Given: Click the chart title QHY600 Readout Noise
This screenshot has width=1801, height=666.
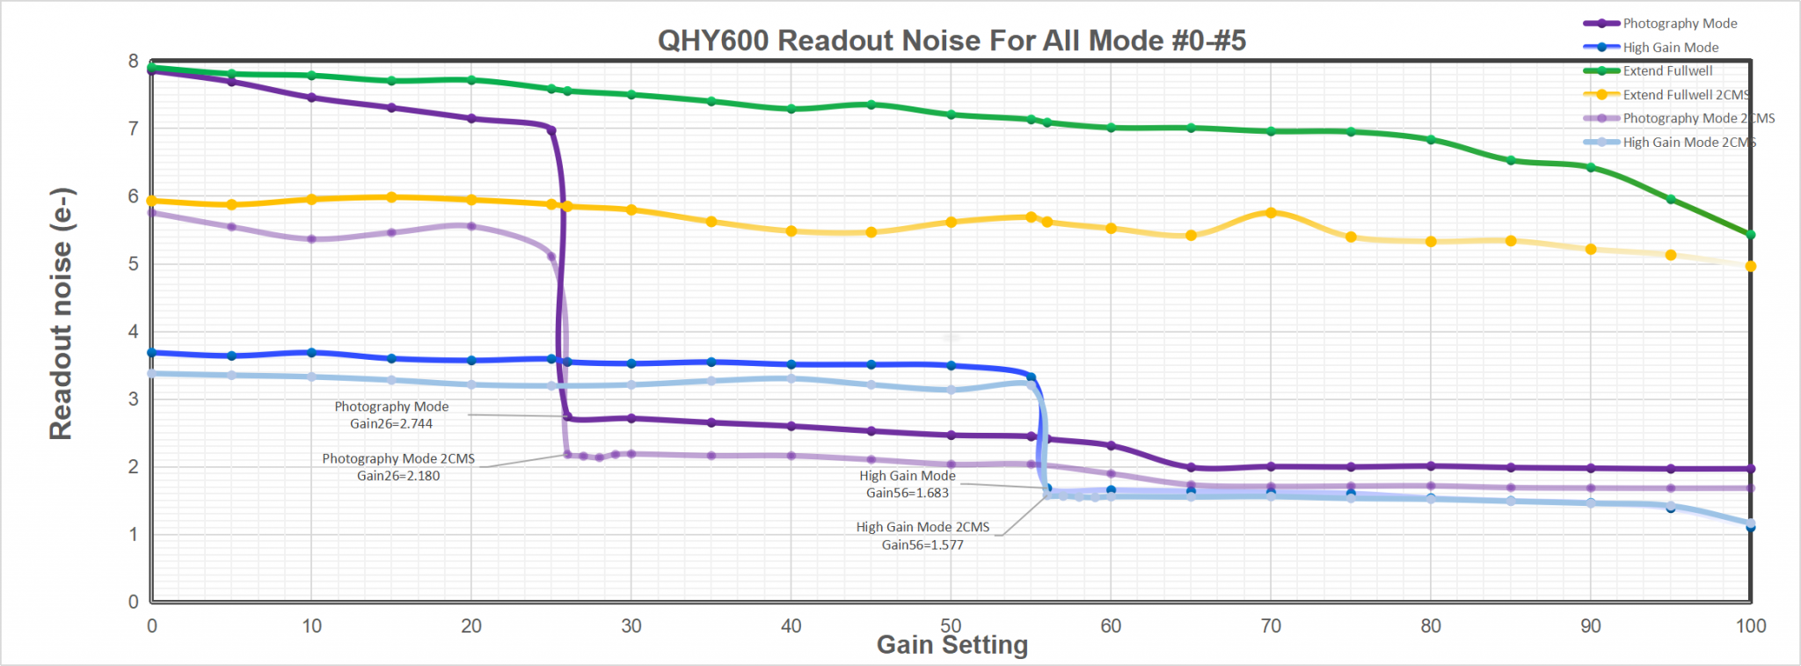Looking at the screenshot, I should pos(952,40).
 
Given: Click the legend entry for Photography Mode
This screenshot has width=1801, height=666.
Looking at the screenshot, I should pos(1679,24).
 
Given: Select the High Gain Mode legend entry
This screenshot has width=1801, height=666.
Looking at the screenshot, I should pos(1670,48).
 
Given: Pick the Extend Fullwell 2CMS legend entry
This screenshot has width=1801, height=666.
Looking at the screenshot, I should pos(1685,95).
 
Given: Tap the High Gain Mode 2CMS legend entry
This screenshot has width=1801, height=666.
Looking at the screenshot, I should pos(1688,143).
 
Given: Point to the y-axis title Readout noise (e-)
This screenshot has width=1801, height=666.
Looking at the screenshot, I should pos(61,314).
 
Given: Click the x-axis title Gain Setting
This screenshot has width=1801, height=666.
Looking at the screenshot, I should pos(952,645).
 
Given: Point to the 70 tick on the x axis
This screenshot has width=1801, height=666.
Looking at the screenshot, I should pos(1271,626).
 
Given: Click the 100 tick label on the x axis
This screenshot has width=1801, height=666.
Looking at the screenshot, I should pos(1750,626).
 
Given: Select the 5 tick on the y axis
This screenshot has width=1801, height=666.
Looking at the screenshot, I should pos(134,264).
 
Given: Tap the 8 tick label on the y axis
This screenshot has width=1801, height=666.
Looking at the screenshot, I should pos(134,61).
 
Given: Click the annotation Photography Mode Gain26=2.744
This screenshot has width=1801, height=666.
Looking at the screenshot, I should pos(391,415).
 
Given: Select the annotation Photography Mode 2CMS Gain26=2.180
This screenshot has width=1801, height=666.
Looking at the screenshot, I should pos(398,467).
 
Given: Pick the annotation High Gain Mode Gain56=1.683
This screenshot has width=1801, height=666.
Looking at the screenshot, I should pos(907,484).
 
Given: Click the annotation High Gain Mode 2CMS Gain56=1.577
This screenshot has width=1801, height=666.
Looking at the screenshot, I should pos(922,536).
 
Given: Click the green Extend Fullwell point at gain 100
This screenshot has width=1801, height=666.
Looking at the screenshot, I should pos(1750,235).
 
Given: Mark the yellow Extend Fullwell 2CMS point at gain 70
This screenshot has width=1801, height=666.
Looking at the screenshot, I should pos(1271,213).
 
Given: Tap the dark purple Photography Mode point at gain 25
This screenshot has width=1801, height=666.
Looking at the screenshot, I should pos(551,130).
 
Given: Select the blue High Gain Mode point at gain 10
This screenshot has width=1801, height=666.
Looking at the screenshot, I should pos(311,353).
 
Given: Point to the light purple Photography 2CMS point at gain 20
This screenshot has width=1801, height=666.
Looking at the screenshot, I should pos(471,226).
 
